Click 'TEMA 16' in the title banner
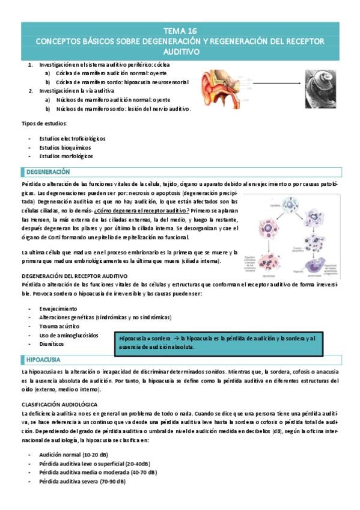click(180, 29)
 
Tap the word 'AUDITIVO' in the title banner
click(180, 52)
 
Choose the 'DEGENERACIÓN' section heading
click(48, 172)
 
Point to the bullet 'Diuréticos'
click(53, 344)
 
